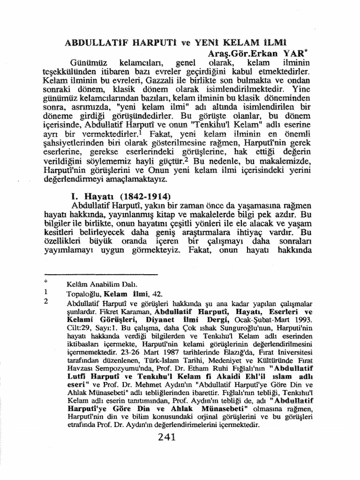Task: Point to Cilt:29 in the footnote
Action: click(79, 327)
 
